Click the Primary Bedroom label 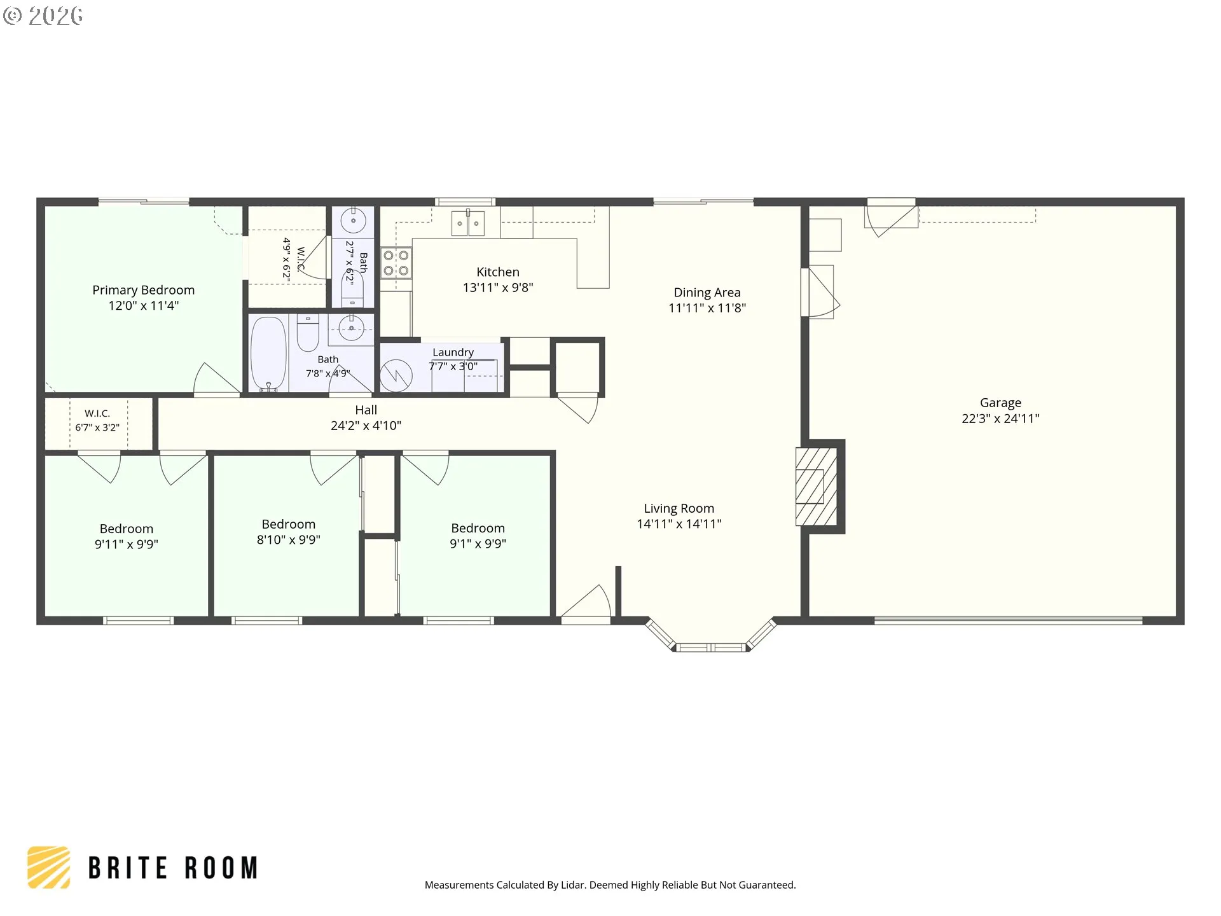(143, 290)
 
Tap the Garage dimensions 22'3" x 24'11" (1000, 419)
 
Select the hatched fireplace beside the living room (817, 487)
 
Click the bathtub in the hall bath (268, 353)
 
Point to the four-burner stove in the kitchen (396, 263)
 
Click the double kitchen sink (468, 223)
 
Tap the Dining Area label (707, 293)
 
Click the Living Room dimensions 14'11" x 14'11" (679, 524)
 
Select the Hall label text (366, 410)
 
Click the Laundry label (453, 352)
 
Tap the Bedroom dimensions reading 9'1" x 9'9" (478, 544)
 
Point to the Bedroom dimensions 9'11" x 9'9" (127, 545)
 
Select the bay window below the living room (711, 636)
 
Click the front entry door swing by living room (586, 602)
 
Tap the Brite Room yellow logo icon (48, 867)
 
